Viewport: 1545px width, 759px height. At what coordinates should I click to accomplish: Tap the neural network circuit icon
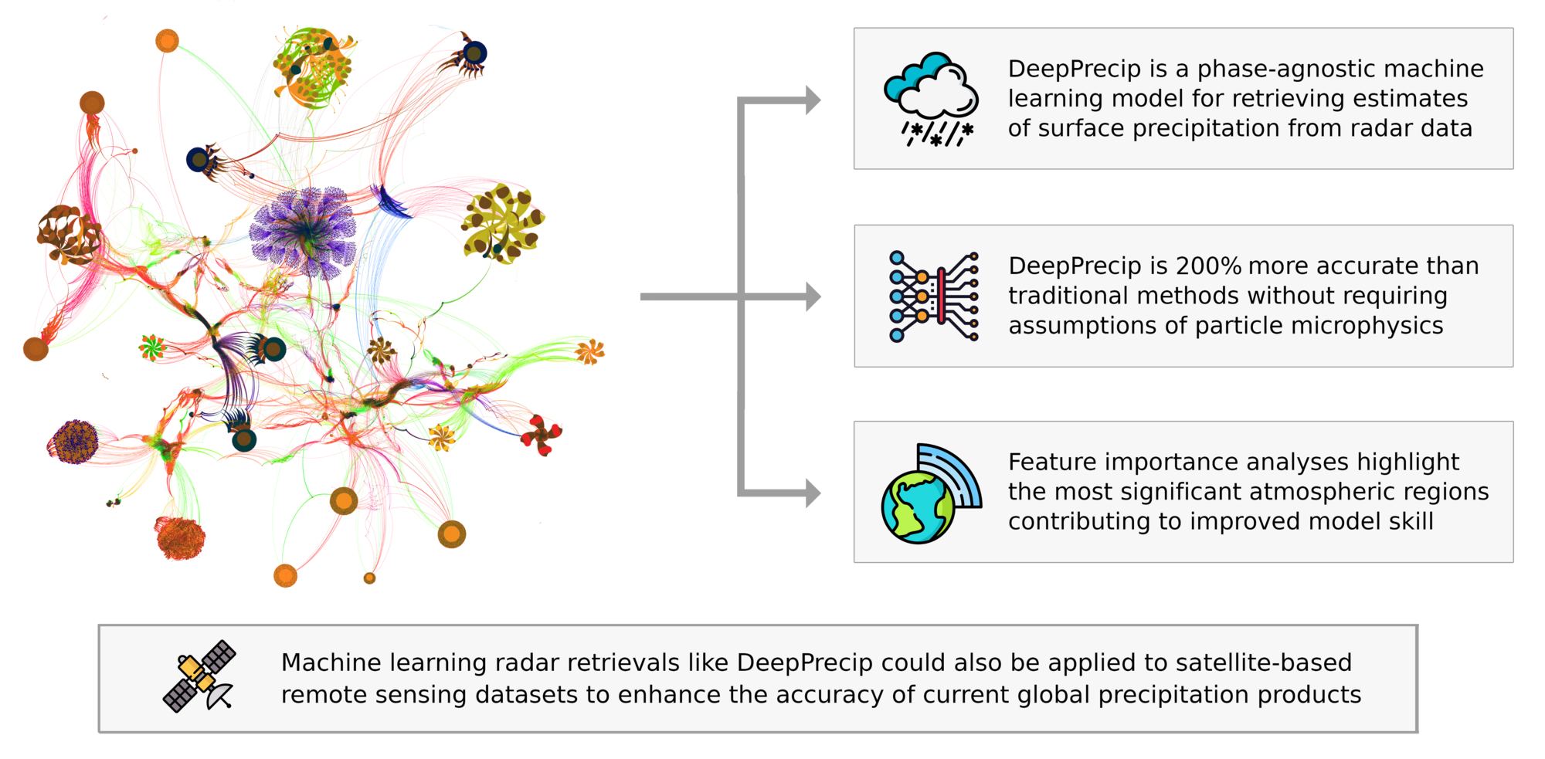coord(933,296)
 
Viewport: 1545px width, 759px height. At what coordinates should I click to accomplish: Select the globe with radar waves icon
coord(931,494)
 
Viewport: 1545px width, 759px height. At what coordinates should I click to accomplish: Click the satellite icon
coord(199,676)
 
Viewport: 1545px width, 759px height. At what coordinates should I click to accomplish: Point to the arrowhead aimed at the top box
coord(813,100)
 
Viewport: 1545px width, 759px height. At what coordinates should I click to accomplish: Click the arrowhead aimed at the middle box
coord(813,296)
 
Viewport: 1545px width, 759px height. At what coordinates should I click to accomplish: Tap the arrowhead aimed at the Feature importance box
coord(813,493)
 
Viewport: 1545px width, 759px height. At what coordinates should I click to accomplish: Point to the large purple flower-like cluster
coord(304,232)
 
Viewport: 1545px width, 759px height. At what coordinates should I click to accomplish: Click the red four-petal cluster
coord(542,435)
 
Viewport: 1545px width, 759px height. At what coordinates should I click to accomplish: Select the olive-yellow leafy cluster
coord(503,223)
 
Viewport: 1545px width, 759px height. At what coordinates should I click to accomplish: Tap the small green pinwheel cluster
coord(151,347)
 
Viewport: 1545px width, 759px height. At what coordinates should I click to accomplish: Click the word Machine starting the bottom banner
coord(331,662)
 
